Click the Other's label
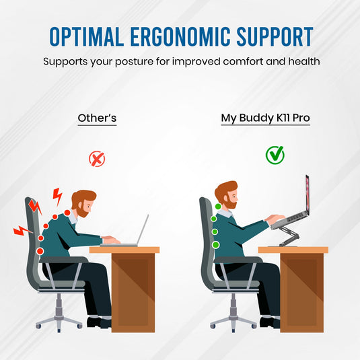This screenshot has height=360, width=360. [97, 118]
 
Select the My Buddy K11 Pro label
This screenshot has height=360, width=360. [265, 118]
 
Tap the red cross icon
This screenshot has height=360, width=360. [97, 159]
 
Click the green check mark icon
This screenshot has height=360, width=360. [275, 155]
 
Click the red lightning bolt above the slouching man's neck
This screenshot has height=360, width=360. [58, 196]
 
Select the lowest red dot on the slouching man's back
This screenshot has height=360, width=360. [40, 251]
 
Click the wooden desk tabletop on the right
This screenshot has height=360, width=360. [293, 250]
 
